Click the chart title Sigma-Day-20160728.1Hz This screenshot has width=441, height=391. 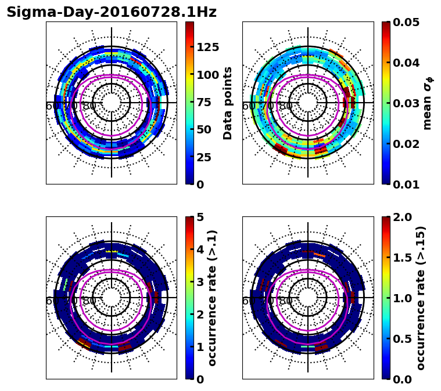click(x=112, y=12)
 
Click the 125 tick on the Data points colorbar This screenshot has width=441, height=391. click(x=208, y=47)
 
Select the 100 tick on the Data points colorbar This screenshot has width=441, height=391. click(x=208, y=74)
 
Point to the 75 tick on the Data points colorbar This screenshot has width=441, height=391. click(x=205, y=102)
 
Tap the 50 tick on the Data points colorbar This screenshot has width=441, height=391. click(x=205, y=129)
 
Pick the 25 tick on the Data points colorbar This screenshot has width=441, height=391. click(x=205, y=157)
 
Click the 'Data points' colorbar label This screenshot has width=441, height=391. click(x=228, y=103)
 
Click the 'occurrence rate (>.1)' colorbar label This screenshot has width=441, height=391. click(x=212, y=298)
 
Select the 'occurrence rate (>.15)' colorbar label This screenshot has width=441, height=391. click(x=421, y=298)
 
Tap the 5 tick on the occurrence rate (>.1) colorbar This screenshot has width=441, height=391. click(x=200, y=217)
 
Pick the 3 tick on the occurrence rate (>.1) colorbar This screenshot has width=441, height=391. click(x=200, y=282)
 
